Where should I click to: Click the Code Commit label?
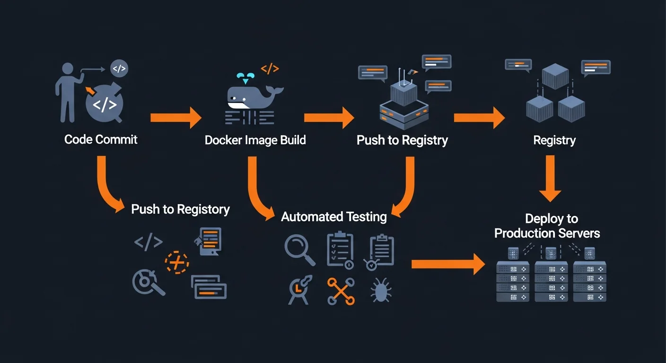(101, 139)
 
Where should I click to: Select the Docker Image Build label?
(255, 140)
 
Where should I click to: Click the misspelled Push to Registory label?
(180, 209)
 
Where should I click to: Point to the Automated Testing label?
(333, 217)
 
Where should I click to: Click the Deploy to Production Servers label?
(547, 226)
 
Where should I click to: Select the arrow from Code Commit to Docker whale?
(176, 118)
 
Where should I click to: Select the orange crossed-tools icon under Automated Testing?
(341, 291)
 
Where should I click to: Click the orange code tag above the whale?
(270, 69)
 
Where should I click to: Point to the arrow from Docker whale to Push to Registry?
(329, 118)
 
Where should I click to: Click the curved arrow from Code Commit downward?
(108, 187)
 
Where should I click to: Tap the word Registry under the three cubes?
(554, 140)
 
